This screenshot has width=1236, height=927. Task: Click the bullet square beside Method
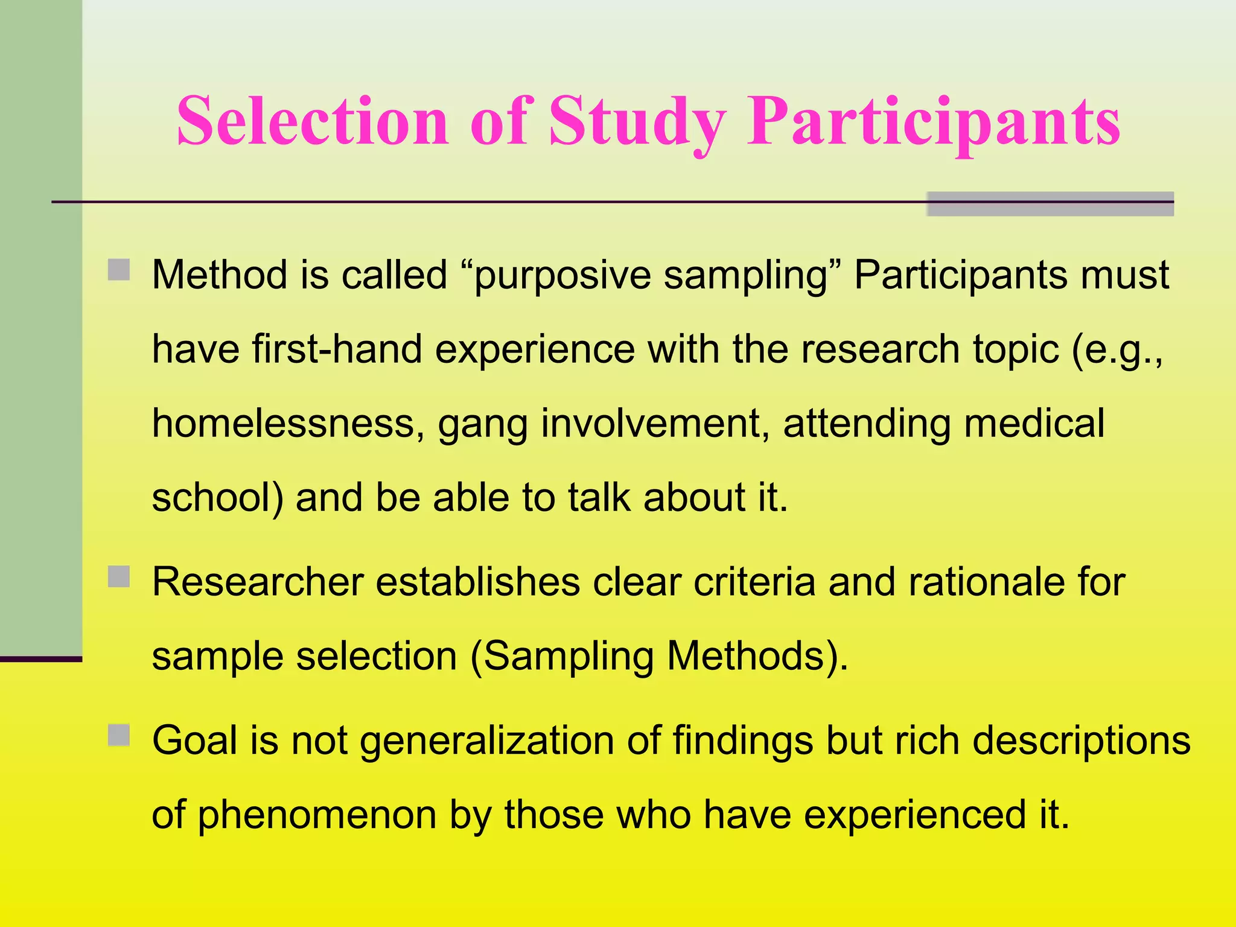(119, 270)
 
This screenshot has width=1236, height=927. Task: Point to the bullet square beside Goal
(119, 736)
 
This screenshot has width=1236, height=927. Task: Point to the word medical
(1034, 424)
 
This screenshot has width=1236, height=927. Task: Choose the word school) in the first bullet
(217, 499)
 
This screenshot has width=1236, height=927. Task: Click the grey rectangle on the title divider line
(1050, 204)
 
